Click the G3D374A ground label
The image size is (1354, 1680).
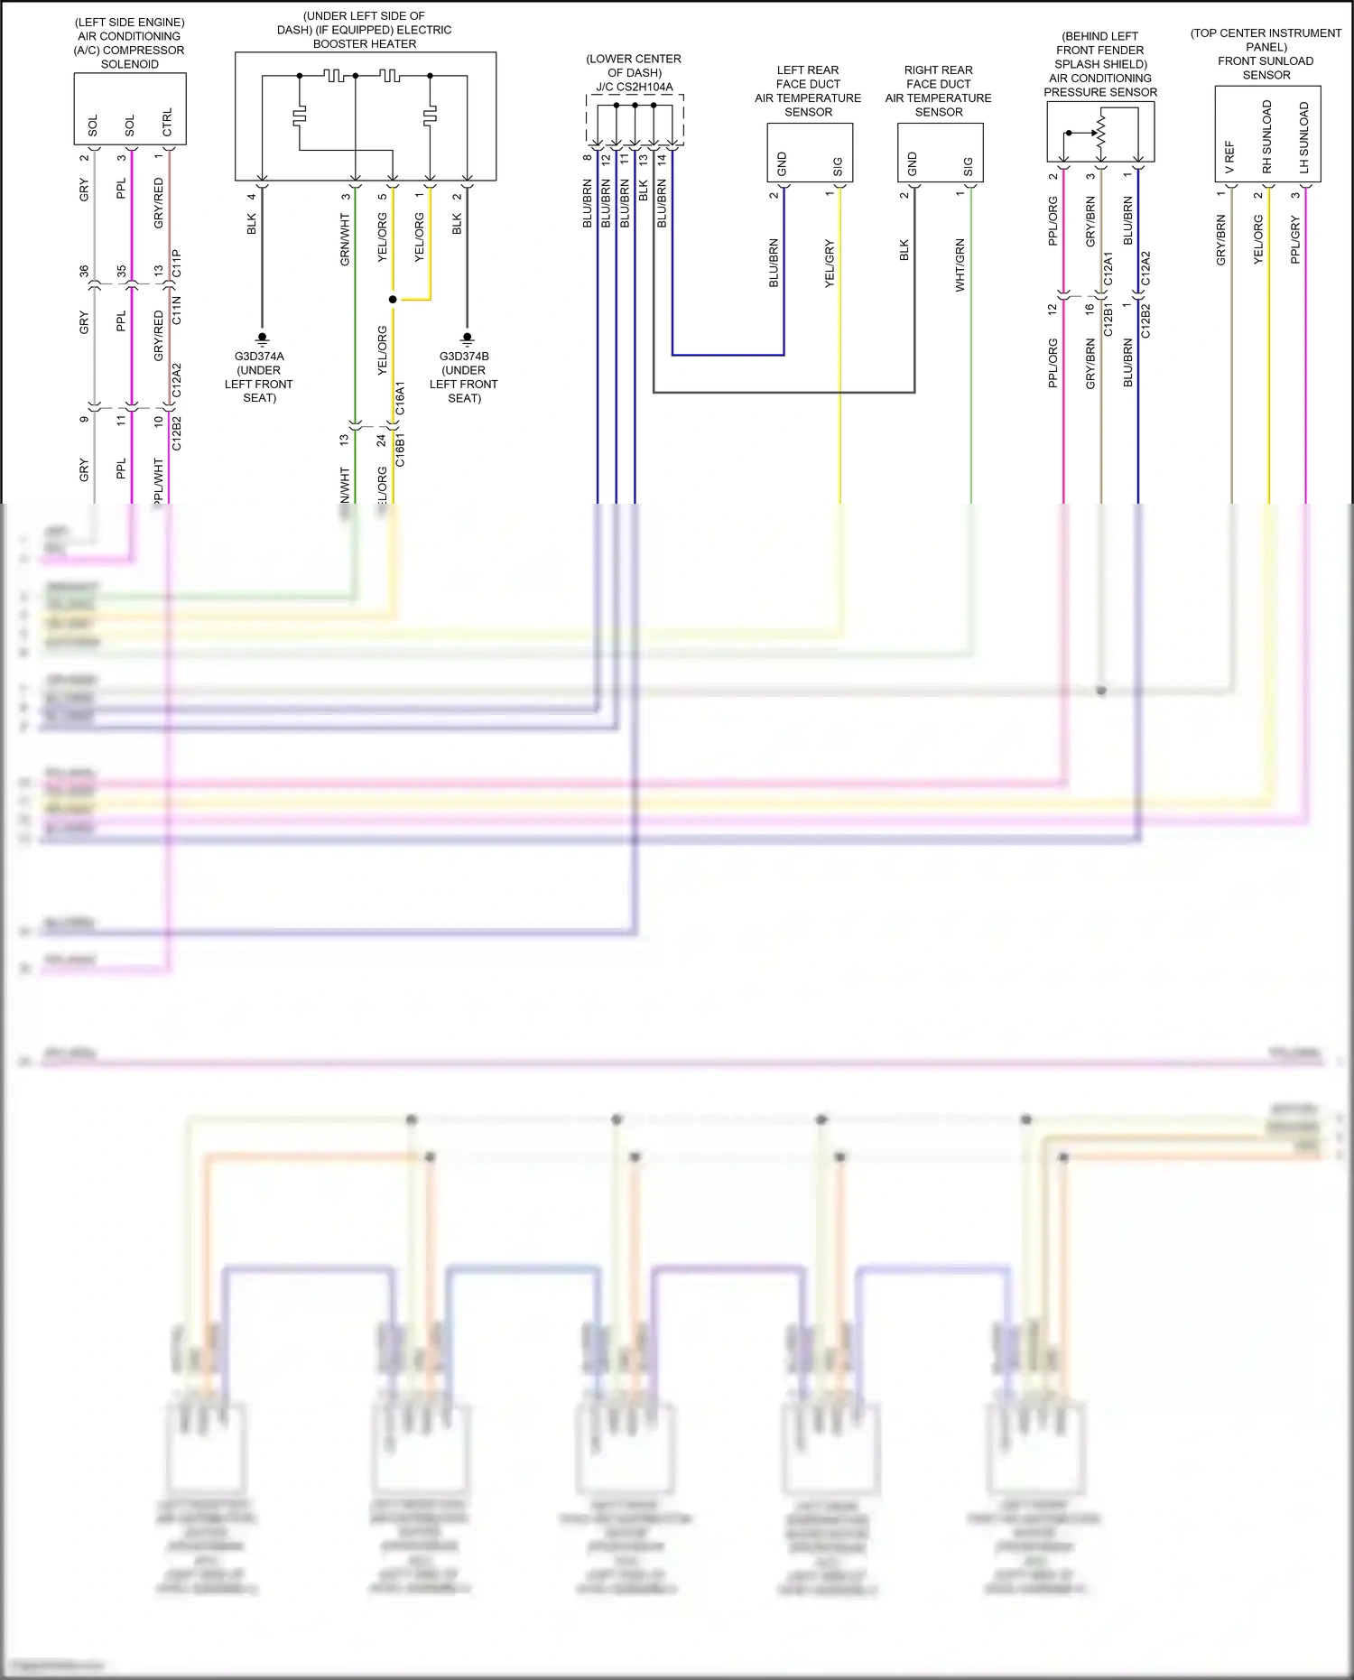259,357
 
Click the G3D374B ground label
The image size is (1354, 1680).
464,357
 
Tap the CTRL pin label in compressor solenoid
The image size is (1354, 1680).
167,122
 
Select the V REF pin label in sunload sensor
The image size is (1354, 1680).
1229,157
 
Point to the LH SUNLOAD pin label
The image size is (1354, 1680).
1303,137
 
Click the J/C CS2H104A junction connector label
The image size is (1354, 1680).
634,88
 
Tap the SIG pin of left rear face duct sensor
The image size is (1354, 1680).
838,167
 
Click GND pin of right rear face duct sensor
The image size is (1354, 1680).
913,164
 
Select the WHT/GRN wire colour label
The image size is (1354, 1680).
960,265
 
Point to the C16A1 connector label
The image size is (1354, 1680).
400,398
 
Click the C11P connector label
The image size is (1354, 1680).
177,264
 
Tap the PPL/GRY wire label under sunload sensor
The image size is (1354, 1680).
1295,239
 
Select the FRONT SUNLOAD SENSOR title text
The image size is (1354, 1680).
1266,68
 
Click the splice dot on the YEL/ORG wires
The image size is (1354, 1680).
393,299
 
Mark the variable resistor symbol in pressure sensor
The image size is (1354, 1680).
1100,132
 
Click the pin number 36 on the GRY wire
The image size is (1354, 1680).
84,271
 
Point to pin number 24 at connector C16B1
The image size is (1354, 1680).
381,440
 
